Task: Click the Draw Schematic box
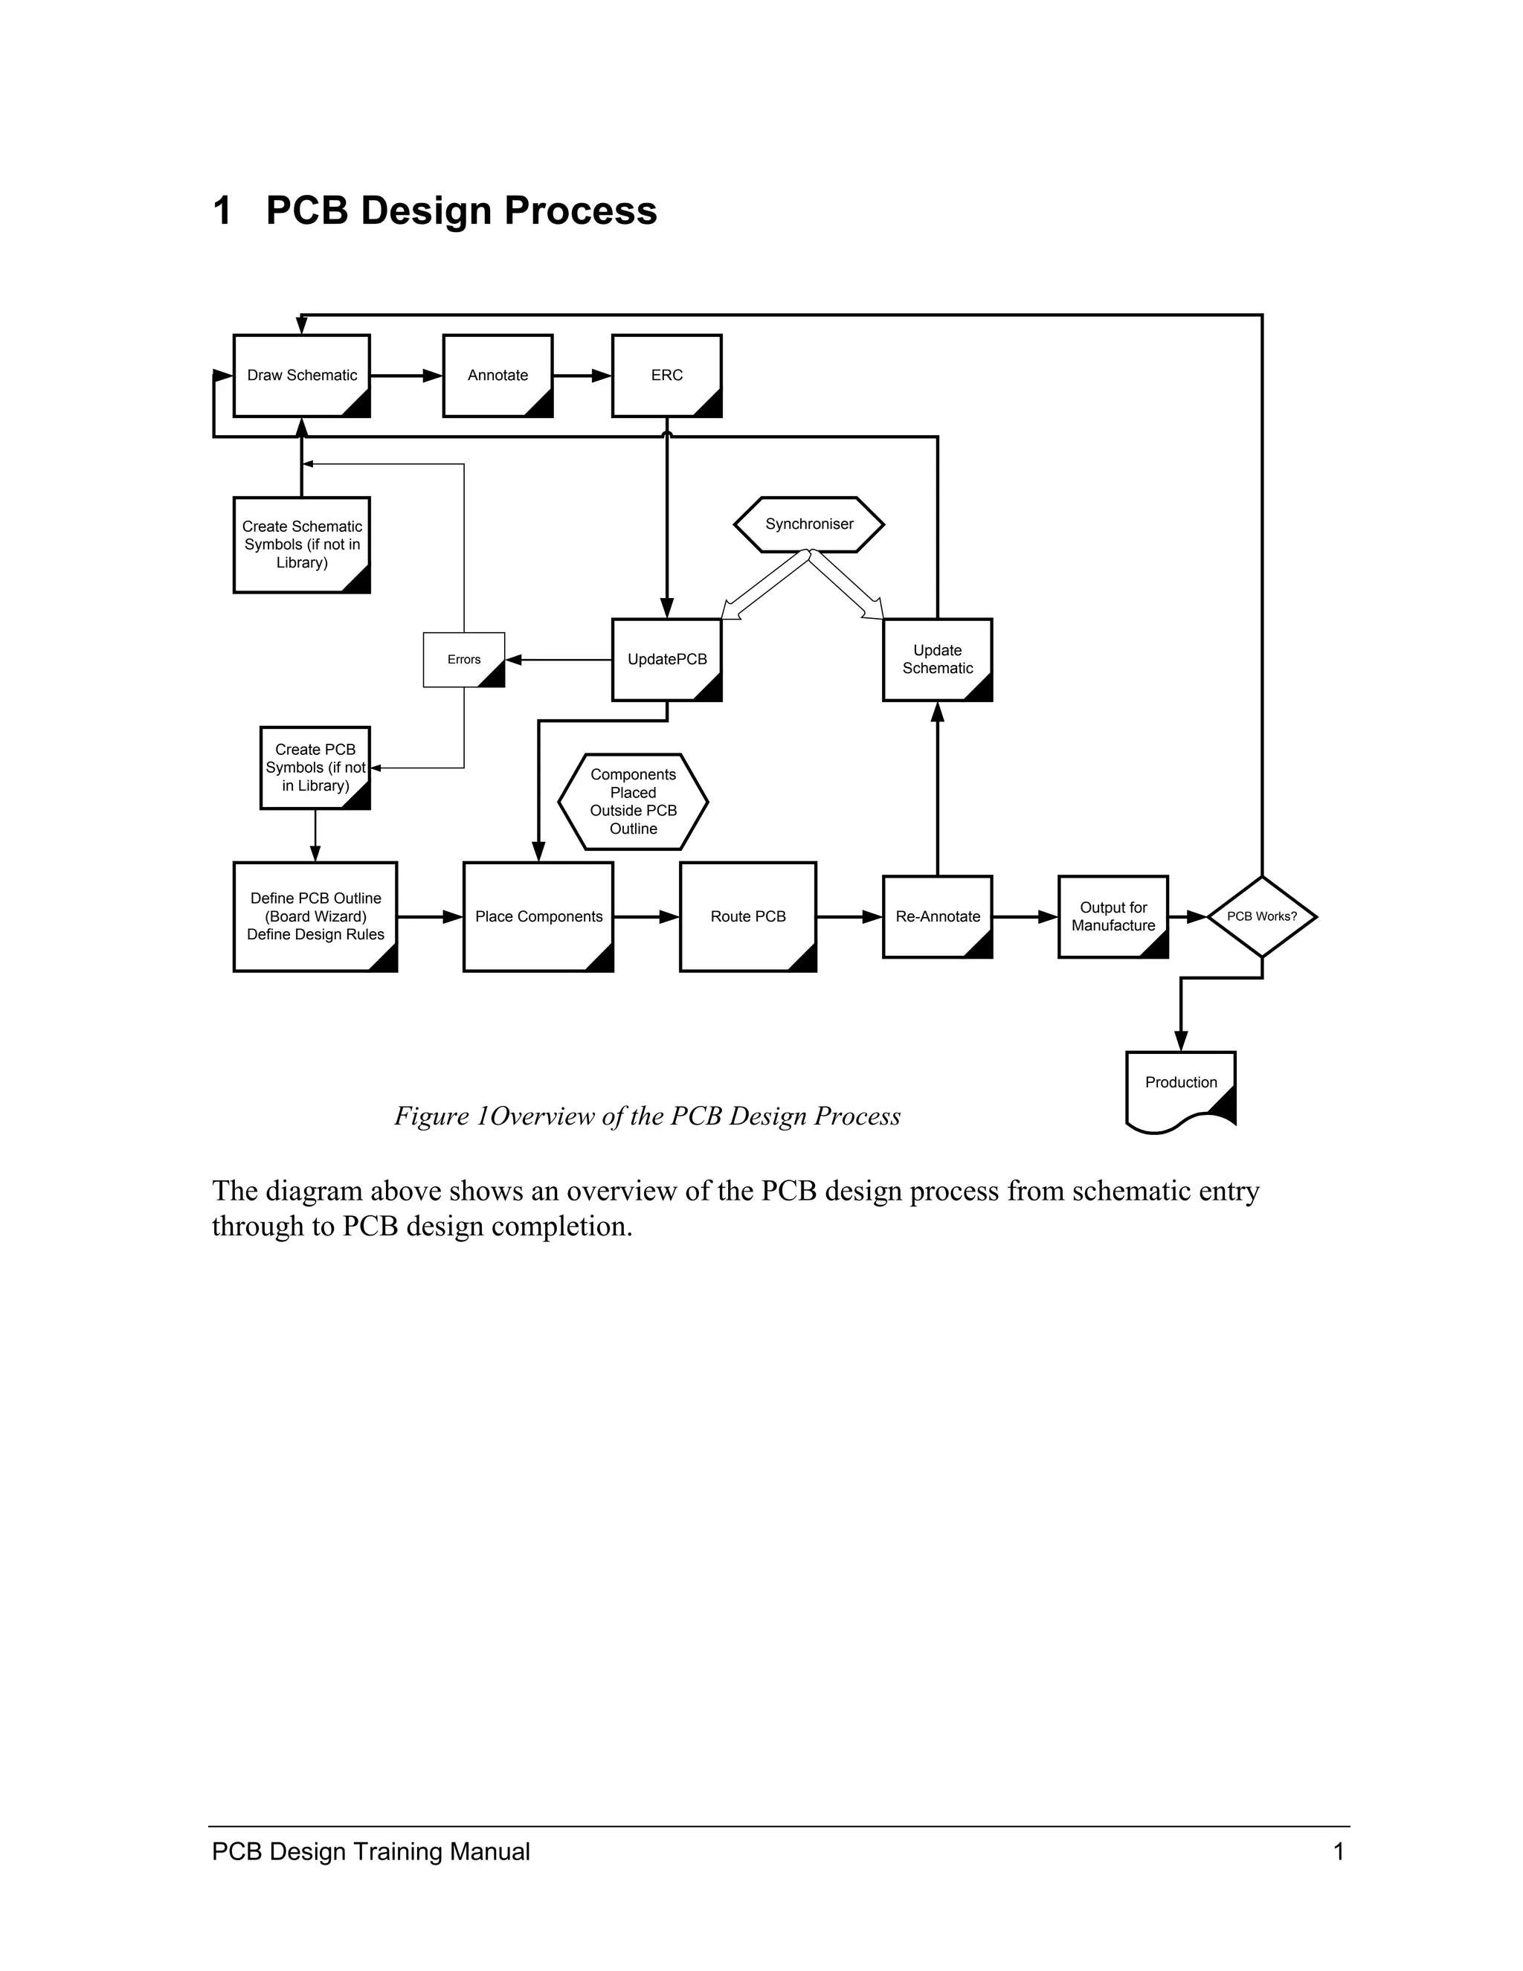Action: click(301, 376)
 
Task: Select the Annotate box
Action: click(498, 376)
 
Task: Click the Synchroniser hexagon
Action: click(808, 524)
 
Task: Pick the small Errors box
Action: click(464, 660)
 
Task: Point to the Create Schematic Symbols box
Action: click(301, 544)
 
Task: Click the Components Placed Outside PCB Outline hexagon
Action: click(633, 801)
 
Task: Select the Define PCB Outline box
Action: click(315, 916)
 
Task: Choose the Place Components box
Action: click(538, 916)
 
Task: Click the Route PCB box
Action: click(747, 916)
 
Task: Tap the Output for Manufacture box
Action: click(1113, 916)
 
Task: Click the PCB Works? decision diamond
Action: click(1261, 916)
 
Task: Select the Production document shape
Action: click(1180, 1087)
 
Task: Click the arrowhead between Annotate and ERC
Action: click(601, 376)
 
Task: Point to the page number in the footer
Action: click(1338, 1851)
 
